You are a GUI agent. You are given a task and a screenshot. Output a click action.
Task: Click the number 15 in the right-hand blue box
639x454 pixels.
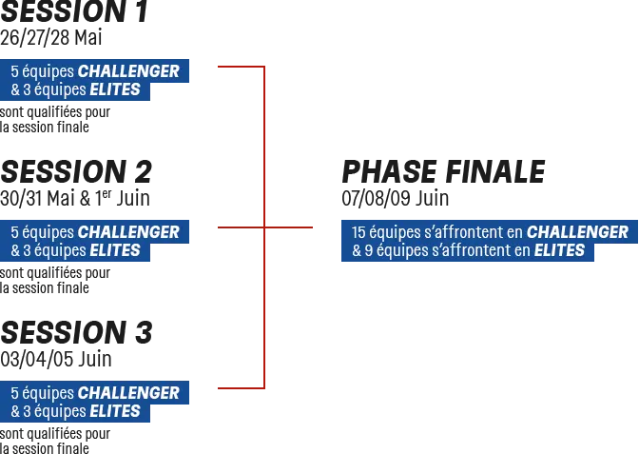point(358,232)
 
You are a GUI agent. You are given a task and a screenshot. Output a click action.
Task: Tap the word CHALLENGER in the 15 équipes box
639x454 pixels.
point(577,232)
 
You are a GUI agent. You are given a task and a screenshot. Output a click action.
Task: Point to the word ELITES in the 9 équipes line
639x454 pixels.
point(559,251)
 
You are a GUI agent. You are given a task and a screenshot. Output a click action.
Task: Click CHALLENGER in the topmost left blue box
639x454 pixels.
point(128,71)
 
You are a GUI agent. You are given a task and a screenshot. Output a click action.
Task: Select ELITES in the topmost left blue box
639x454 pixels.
point(118,89)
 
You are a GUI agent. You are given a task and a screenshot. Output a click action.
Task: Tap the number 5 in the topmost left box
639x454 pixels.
point(14,71)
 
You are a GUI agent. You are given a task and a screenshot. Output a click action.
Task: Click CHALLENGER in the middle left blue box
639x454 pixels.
point(128,232)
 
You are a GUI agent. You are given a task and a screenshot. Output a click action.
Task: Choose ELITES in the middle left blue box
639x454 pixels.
point(118,250)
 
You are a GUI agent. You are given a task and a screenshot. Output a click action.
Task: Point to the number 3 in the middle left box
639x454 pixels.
point(28,250)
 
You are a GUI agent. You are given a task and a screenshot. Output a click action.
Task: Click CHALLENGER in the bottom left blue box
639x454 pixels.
point(128,393)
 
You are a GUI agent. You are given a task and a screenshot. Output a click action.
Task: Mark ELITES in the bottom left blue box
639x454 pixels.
point(118,411)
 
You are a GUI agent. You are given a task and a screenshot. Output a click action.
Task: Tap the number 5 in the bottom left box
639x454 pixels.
point(14,393)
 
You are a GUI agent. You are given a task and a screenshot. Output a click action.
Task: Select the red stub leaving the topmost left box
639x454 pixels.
point(235,66)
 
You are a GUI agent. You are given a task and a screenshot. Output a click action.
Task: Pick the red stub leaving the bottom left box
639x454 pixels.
point(235,388)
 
